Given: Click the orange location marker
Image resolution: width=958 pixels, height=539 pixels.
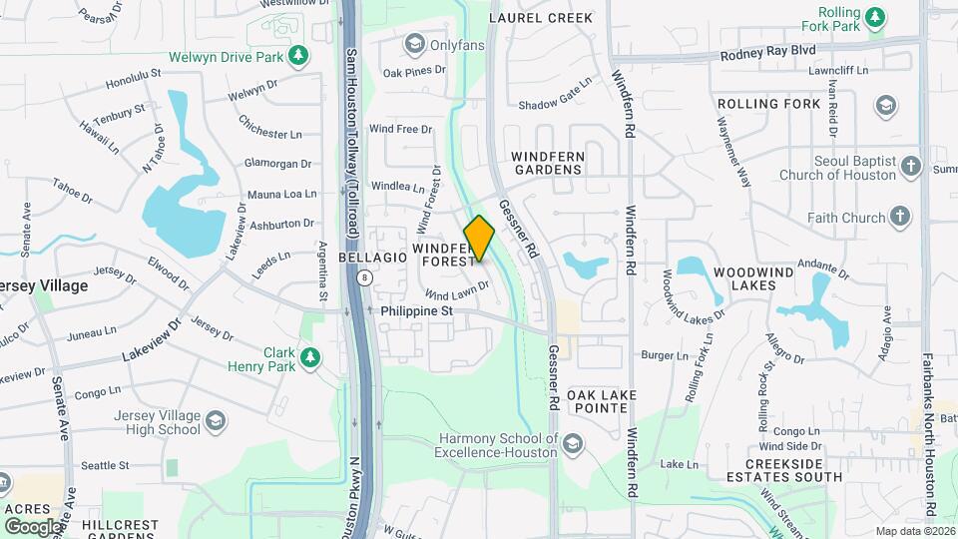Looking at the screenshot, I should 479,239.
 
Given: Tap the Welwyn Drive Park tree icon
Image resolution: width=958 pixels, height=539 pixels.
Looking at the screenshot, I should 297,56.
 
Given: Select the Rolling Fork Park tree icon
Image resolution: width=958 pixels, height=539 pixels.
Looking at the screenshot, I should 875,16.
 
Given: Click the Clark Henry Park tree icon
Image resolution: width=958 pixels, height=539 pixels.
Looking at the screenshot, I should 310,356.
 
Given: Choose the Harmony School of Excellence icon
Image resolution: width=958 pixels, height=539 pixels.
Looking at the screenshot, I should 573,443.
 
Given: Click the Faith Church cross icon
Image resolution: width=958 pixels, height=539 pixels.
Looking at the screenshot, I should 900,217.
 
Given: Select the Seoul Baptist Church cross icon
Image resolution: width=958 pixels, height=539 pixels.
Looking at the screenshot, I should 910,167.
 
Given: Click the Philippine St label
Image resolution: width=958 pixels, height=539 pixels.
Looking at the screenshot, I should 417,311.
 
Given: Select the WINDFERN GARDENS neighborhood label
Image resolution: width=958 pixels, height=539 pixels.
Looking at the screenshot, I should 546,163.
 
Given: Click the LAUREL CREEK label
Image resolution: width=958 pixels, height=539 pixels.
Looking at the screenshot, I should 541,18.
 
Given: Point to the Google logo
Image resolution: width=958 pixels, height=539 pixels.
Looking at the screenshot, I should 33,525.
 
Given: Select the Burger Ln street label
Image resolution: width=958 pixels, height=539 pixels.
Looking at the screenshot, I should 665,355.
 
